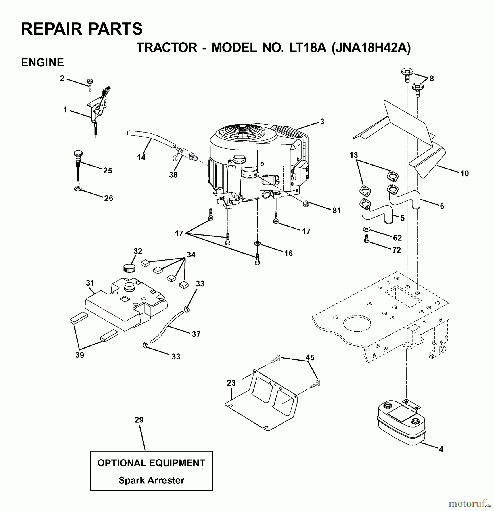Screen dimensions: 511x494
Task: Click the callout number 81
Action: tap(336, 210)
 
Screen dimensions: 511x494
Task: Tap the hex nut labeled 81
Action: tap(306, 204)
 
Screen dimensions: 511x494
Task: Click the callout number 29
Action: tap(139, 420)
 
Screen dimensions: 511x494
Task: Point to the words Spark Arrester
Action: tap(151, 480)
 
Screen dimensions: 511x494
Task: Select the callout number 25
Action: tap(107, 171)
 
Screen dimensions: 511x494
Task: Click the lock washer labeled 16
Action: tap(257, 243)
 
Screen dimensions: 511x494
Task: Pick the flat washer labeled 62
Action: tap(367, 229)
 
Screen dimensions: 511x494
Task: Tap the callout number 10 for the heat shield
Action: tap(464, 173)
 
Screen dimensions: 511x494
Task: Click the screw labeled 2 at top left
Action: tap(90, 83)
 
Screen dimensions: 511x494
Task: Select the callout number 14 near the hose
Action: tap(141, 157)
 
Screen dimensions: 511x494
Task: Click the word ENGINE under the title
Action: tap(42, 62)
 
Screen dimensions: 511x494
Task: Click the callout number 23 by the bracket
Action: tap(231, 383)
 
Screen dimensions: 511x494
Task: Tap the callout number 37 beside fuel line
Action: tap(196, 334)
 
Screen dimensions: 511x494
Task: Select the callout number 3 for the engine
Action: tap(322, 122)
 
